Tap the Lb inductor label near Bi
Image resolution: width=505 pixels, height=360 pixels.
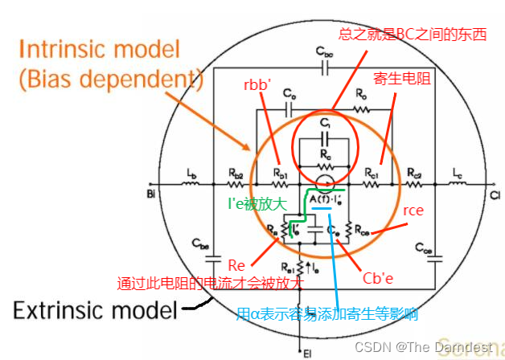pos(191,174)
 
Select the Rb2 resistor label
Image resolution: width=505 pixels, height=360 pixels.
pos(235,174)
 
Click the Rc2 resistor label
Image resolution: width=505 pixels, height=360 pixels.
pos(414,174)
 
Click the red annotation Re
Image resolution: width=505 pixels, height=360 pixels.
pos(236,265)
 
